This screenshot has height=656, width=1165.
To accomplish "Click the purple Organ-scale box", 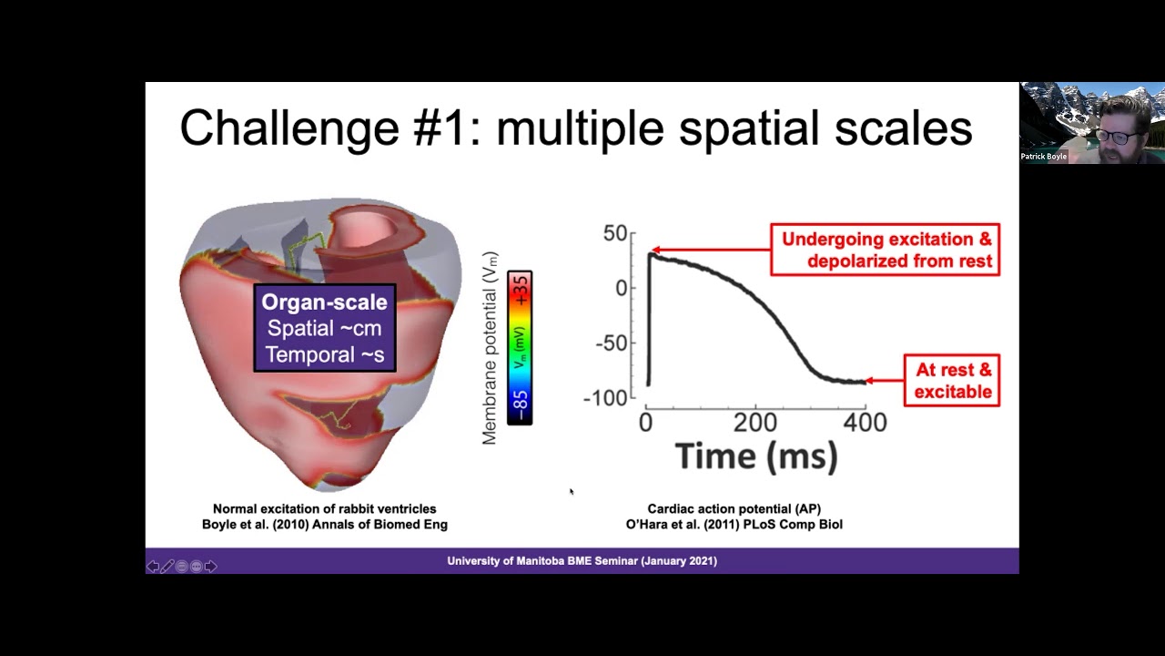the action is click(325, 328).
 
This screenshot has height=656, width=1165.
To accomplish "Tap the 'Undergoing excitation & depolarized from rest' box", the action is click(886, 250).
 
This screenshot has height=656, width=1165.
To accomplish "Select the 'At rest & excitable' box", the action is click(952, 381).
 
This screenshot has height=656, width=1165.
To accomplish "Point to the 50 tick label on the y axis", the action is click(615, 233).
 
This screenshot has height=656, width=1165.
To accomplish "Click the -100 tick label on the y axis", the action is click(605, 398).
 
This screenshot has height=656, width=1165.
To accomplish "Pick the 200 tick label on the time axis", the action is click(755, 422).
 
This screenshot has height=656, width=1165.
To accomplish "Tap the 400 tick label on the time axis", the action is click(865, 422).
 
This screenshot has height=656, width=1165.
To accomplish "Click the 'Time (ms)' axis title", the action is click(756, 456).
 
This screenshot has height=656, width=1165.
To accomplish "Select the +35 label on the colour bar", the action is click(520, 291).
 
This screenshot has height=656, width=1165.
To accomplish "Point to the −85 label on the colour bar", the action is click(520, 405).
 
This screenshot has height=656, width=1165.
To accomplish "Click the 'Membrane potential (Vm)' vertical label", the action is click(490, 348).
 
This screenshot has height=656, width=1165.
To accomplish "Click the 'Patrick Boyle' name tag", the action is click(1043, 156).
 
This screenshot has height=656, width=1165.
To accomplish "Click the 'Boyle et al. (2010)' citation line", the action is click(325, 524).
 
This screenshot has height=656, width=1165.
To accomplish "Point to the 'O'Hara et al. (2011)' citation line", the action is click(734, 524).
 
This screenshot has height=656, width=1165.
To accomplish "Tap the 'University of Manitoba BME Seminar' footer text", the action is click(582, 560).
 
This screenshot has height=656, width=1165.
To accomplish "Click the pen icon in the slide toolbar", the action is click(167, 567).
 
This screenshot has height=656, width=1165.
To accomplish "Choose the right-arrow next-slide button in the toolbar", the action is click(210, 567).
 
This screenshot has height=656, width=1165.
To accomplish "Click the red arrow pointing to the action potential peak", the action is click(711, 250).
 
